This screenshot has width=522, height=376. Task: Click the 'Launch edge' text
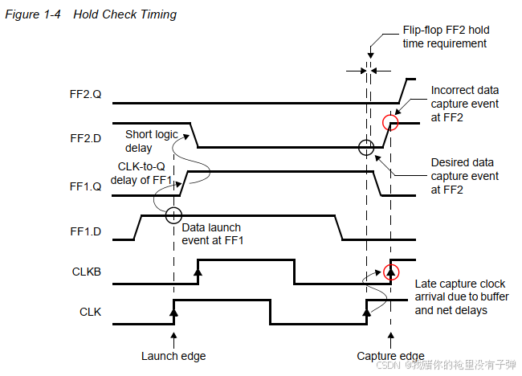click(173, 357)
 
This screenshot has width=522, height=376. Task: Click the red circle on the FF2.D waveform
click(390, 123)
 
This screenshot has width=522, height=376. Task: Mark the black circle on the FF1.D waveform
click(173, 215)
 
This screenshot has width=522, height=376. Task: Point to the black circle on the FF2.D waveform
click(365, 147)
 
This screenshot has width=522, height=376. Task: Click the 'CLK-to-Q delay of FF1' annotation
click(143, 173)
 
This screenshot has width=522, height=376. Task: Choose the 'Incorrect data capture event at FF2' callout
click(464, 104)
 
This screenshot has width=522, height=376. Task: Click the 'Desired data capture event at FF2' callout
click(464, 176)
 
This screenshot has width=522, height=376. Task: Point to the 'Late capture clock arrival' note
click(461, 297)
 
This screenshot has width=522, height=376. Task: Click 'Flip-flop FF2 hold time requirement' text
click(445, 36)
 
